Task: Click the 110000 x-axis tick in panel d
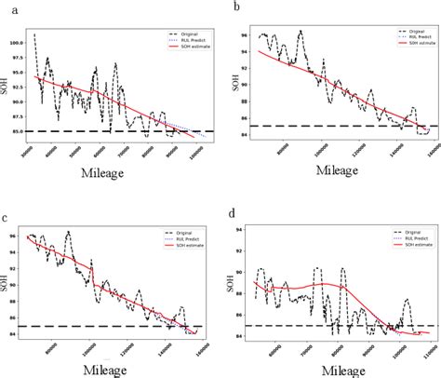(426, 359)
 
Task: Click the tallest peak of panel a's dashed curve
(34, 34)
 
